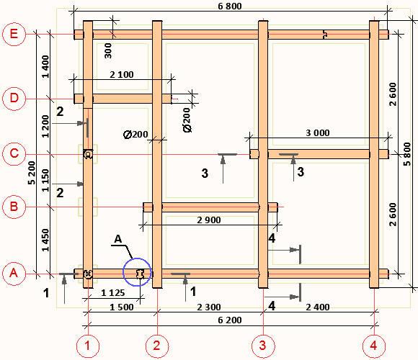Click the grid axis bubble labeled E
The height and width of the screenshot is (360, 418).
(14, 34)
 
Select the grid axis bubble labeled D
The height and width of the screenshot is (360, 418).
(14, 98)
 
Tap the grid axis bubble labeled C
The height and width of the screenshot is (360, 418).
(14, 153)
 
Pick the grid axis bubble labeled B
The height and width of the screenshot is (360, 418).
(14, 207)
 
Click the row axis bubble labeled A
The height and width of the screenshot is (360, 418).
(14, 273)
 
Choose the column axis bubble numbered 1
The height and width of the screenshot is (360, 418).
(88, 346)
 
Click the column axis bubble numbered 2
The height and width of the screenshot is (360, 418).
(157, 346)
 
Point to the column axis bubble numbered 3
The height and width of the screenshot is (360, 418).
(263, 346)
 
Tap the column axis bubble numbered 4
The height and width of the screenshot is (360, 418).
(374, 346)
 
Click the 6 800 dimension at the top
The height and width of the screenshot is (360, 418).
(230, 6)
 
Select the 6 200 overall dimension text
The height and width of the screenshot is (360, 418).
(230, 320)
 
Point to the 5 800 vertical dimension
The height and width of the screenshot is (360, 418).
(407, 154)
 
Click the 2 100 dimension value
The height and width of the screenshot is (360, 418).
(122, 75)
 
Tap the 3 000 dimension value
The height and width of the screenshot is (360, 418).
(318, 133)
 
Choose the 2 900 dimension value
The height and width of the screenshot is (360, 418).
(209, 220)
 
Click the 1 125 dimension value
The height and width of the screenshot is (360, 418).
(113, 293)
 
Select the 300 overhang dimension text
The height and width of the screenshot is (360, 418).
(108, 51)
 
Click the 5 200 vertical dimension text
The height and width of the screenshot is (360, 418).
(32, 173)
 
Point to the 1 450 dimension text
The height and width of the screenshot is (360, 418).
(45, 240)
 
